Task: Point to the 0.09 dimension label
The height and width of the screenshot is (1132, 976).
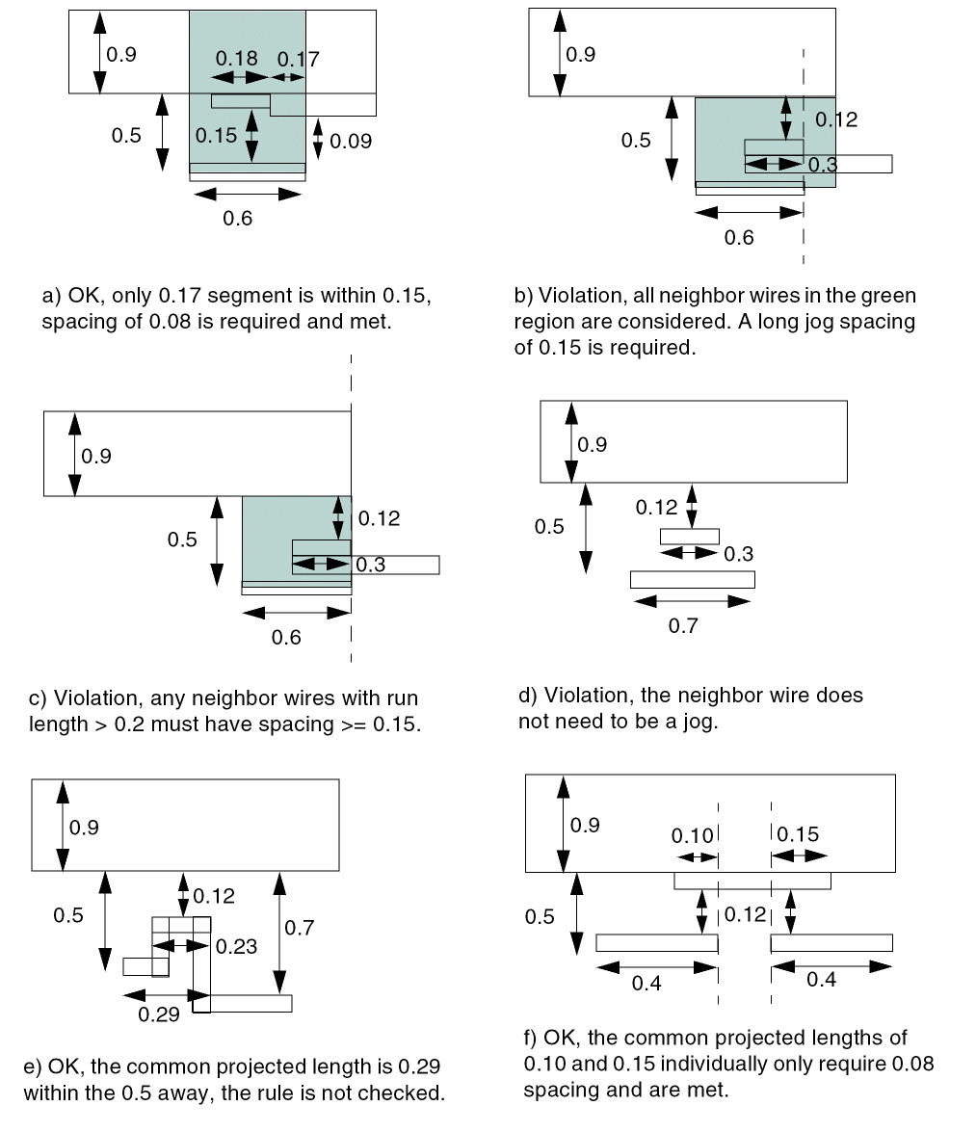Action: point(351,142)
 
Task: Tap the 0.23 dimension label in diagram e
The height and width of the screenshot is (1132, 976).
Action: point(237,946)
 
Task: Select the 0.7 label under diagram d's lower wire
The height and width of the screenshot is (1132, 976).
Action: point(683,626)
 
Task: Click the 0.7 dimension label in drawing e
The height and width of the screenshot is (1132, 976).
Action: point(301,927)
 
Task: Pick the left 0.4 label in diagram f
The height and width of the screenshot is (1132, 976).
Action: point(646,984)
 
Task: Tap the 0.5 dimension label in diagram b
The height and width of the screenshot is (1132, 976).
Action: point(636,141)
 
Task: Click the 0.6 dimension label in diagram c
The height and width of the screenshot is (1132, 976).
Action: point(287,637)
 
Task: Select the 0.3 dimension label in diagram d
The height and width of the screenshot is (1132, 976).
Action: point(738,554)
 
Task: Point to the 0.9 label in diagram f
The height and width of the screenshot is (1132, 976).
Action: point(585,825)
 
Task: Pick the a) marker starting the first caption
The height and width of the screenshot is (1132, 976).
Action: point(50,295)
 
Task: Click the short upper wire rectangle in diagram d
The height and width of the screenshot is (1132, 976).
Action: point(690,536)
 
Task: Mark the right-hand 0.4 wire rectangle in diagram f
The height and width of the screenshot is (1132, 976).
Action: point(831,942)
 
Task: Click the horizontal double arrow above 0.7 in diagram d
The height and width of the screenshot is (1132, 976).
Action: point(692,601)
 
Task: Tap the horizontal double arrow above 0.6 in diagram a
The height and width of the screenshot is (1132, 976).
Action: point(248,194)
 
